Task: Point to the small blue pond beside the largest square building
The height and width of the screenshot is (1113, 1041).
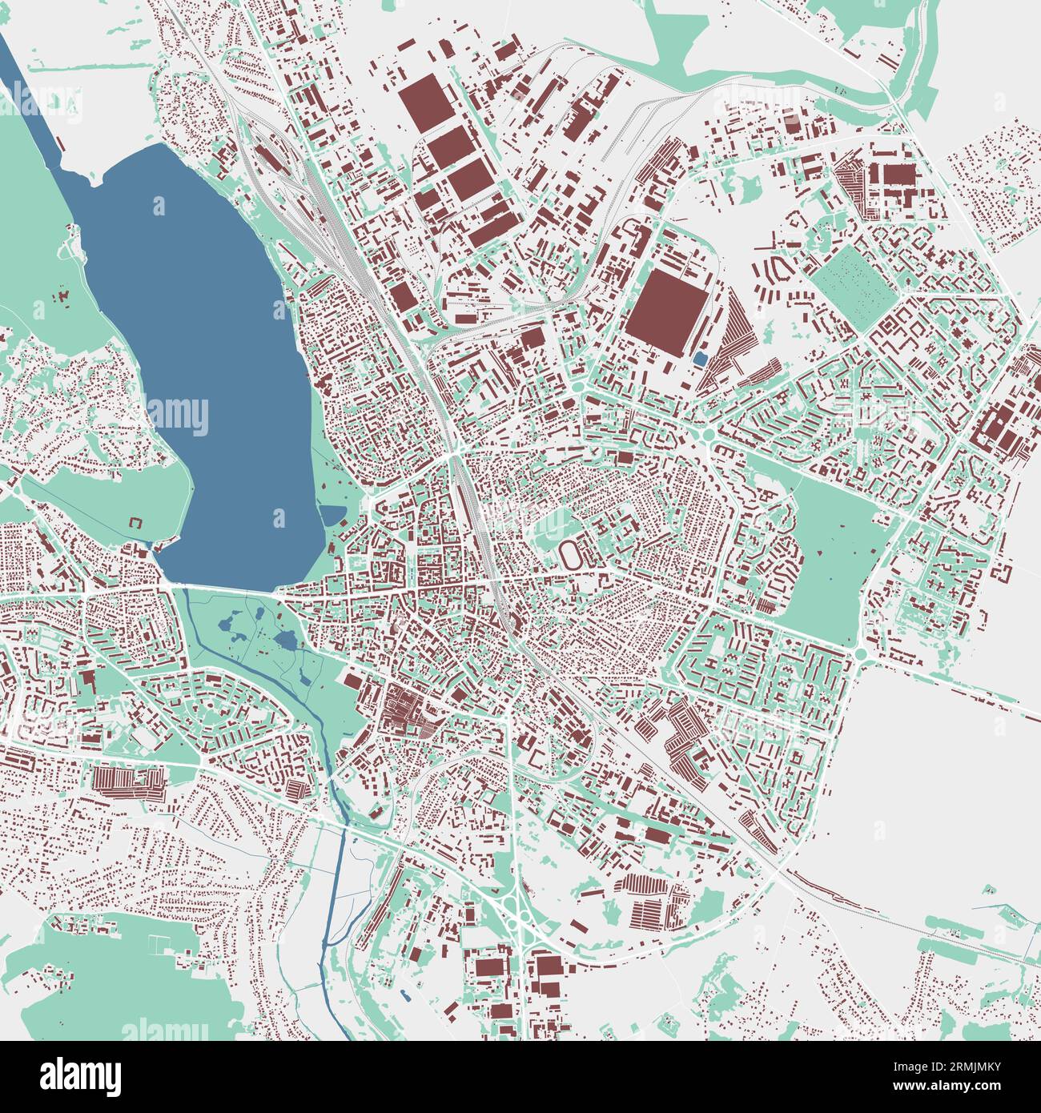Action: coord(700,360)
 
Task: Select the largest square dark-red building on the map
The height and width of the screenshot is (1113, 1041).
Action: coord(666,312)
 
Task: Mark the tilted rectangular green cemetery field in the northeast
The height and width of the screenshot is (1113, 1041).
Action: coord(854,286)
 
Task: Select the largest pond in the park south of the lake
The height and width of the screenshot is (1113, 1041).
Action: coord(285,639)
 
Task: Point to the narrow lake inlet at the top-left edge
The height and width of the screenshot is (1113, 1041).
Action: coord(24,88)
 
